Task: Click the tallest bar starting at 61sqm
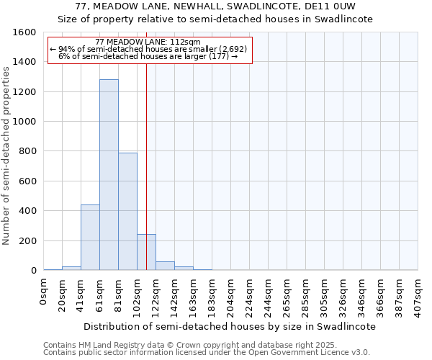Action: pyautogui.click(x=109, y=175)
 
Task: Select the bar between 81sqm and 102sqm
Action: pyautogui.click(x=127, y=212)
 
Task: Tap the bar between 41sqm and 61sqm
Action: pyautogui.click(x=90, y=238)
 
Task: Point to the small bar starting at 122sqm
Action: pyautogui.click(x=165, y=266)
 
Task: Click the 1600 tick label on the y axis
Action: pyautogui.click(x=24, y=32)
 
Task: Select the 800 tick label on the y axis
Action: pyautogui.click(x=27, y=151)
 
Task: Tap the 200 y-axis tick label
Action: pyautogui.click(x=27, y=240)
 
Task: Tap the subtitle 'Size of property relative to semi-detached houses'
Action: pyautogui.click(x=225, y=19)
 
